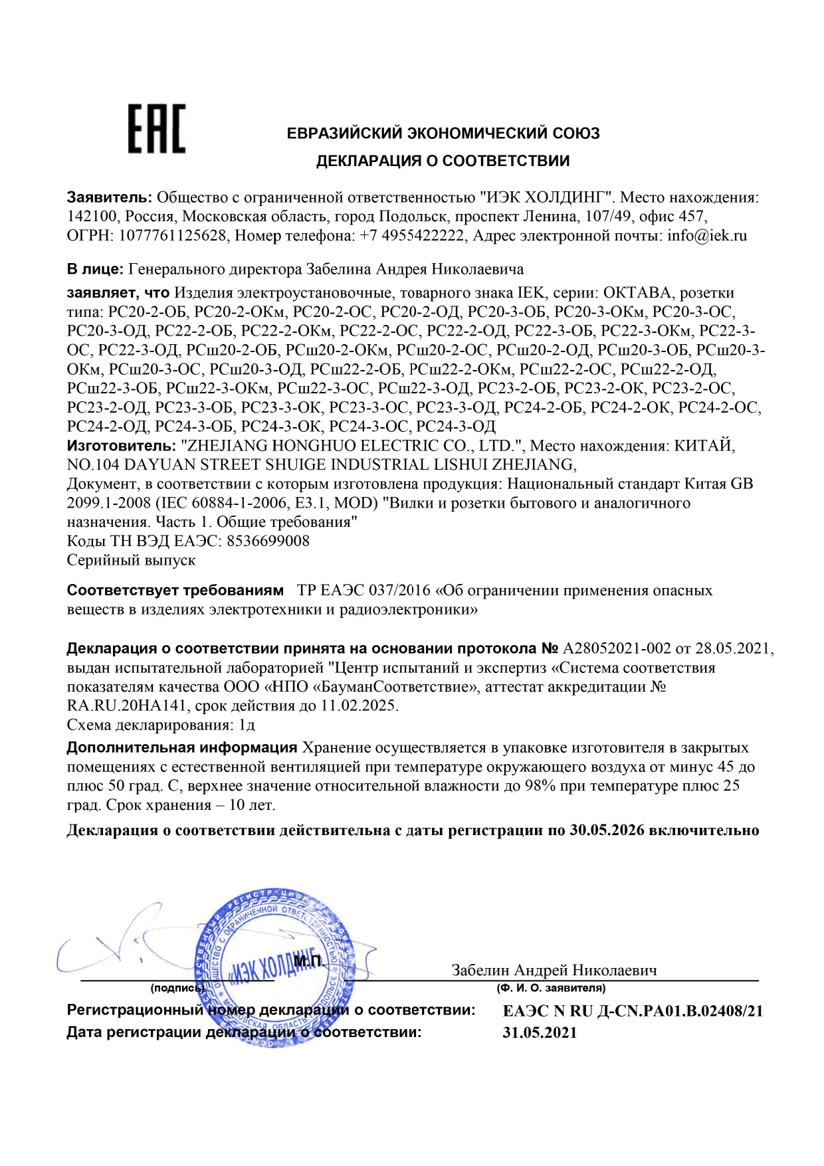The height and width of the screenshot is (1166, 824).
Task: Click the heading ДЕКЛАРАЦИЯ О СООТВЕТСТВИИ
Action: pos(443,161)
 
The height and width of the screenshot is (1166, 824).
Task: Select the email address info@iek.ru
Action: pos(707,236)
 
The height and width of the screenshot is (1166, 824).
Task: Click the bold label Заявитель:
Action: pos(110,197)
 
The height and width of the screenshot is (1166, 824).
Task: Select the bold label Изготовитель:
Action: pos(121,445)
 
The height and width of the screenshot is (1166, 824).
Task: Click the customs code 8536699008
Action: pos(268,541)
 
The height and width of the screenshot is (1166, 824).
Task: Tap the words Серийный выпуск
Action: pos(132,560)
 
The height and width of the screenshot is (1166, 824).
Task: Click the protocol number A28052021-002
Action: pos(617,648)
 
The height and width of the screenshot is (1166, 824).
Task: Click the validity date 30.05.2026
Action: pos(607,830)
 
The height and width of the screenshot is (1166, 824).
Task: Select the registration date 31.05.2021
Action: pos(540,1032)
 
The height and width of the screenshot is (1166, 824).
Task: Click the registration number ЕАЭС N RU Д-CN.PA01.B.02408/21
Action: pos(633,1011)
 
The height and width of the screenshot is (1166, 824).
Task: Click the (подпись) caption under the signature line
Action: pos(177,988)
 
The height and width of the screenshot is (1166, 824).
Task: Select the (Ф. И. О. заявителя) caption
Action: pos(551,988)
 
